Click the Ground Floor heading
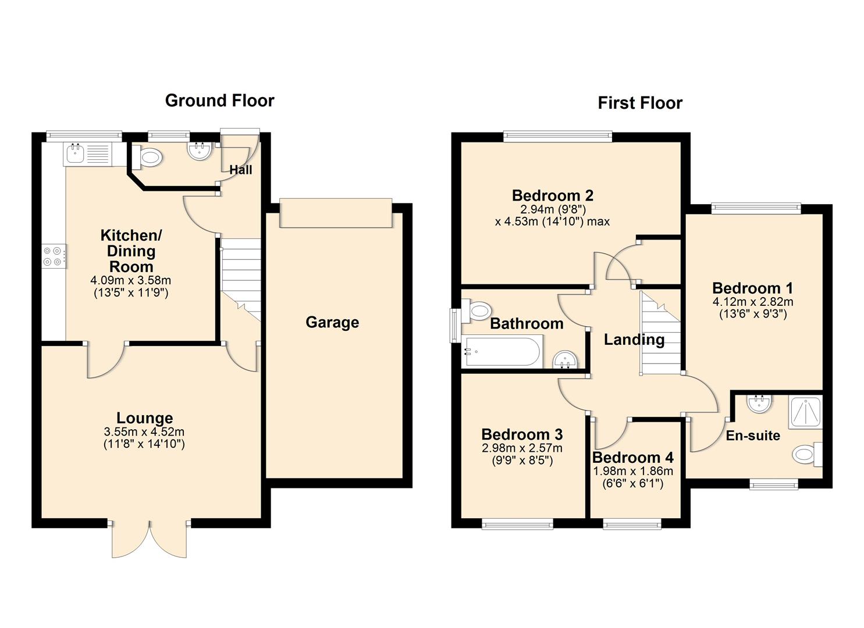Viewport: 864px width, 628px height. [219, 101]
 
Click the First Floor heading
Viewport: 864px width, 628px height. [639, 103]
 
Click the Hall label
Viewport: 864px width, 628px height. [240, 170]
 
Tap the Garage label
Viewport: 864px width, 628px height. [332, 322]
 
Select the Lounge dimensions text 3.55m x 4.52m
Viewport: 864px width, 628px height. [144, 432]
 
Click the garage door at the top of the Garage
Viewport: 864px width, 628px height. [335, 213]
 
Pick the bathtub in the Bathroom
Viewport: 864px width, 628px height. [502, 352]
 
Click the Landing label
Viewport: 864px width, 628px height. [634, 340]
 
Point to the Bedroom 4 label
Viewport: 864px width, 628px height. [632, 458]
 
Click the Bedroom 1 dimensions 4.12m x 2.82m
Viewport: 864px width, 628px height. [752, 302]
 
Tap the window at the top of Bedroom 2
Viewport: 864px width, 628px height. [557, 137]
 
